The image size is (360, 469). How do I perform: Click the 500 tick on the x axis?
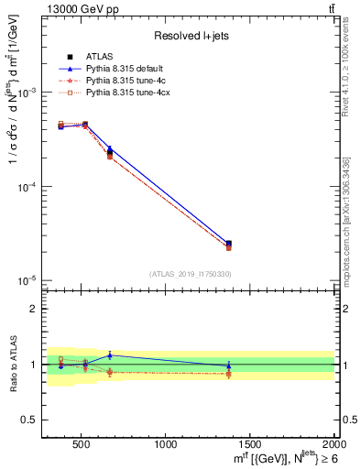[x=81, y=444]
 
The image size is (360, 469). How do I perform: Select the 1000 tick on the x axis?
[x=166, y=444]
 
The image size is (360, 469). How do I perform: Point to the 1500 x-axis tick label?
[x=251, y=444]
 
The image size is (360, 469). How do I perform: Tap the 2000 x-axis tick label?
[x=334, y=444]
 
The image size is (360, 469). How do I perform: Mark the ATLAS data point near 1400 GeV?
[x=228, y=244]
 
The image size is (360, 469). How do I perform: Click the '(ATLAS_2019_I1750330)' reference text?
[x=190, y=273]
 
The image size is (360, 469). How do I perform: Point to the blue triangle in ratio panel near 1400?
[x=228, y=365]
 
